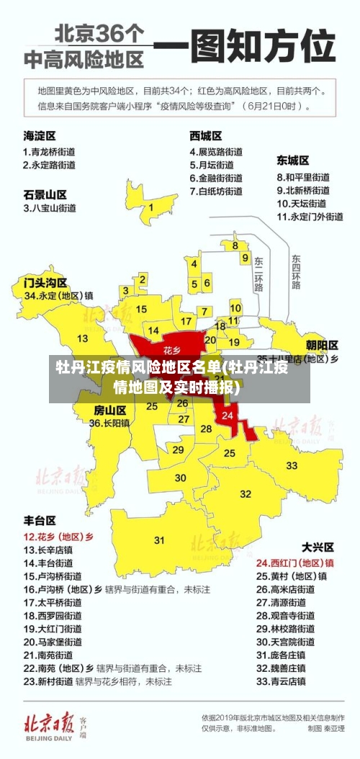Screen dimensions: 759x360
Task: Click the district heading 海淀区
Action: coord(40,135)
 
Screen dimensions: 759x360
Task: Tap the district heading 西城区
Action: coord(205,135)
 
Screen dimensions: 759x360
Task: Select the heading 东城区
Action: coord(293,160)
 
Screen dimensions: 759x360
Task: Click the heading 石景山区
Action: coord(45,194)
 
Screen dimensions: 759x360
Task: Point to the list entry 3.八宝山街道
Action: coord(50,208)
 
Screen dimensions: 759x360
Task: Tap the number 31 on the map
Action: coord(159,539)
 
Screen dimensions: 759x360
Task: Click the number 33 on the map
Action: coord(292,466)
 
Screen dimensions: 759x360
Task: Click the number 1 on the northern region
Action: coord(150,207)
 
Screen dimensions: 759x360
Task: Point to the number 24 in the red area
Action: coord(228,416)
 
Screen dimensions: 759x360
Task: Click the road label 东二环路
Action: coord(258,273)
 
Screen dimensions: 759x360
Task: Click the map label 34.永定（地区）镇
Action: coord(58,295)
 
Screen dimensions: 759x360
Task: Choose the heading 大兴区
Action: coord(316,547)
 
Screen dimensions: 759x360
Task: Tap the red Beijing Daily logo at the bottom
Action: coord(49,722)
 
